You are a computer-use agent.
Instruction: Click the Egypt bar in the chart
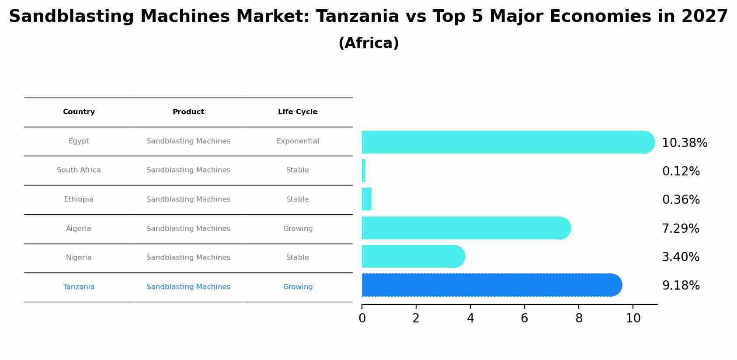click(507, 142)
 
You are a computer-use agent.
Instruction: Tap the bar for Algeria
click(466, 228)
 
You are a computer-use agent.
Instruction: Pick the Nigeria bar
click(413, 256)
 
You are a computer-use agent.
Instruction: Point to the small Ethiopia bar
click(367, 199)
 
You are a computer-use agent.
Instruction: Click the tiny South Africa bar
click(364, 171)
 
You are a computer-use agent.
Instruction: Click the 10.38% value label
click(685, 143)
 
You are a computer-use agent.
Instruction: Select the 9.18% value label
click(681, 286)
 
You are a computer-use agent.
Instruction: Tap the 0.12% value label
click(681, 171)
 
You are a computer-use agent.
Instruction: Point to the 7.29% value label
click(681, 229)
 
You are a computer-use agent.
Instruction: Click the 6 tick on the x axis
click(525, 318)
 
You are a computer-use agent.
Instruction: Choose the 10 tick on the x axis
click(633, 318)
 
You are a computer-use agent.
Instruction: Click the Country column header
click(79, 112)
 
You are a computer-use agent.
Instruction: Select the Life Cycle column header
click(298, 112)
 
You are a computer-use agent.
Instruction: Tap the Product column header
click(188, 112)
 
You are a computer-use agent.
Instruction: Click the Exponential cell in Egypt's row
click(298, 141)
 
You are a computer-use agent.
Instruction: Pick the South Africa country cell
click(79, 170)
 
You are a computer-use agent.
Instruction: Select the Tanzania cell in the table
click(79, 287)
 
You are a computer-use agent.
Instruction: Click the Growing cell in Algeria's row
click(298, 229)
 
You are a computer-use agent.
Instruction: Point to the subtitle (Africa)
click(368, 43)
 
